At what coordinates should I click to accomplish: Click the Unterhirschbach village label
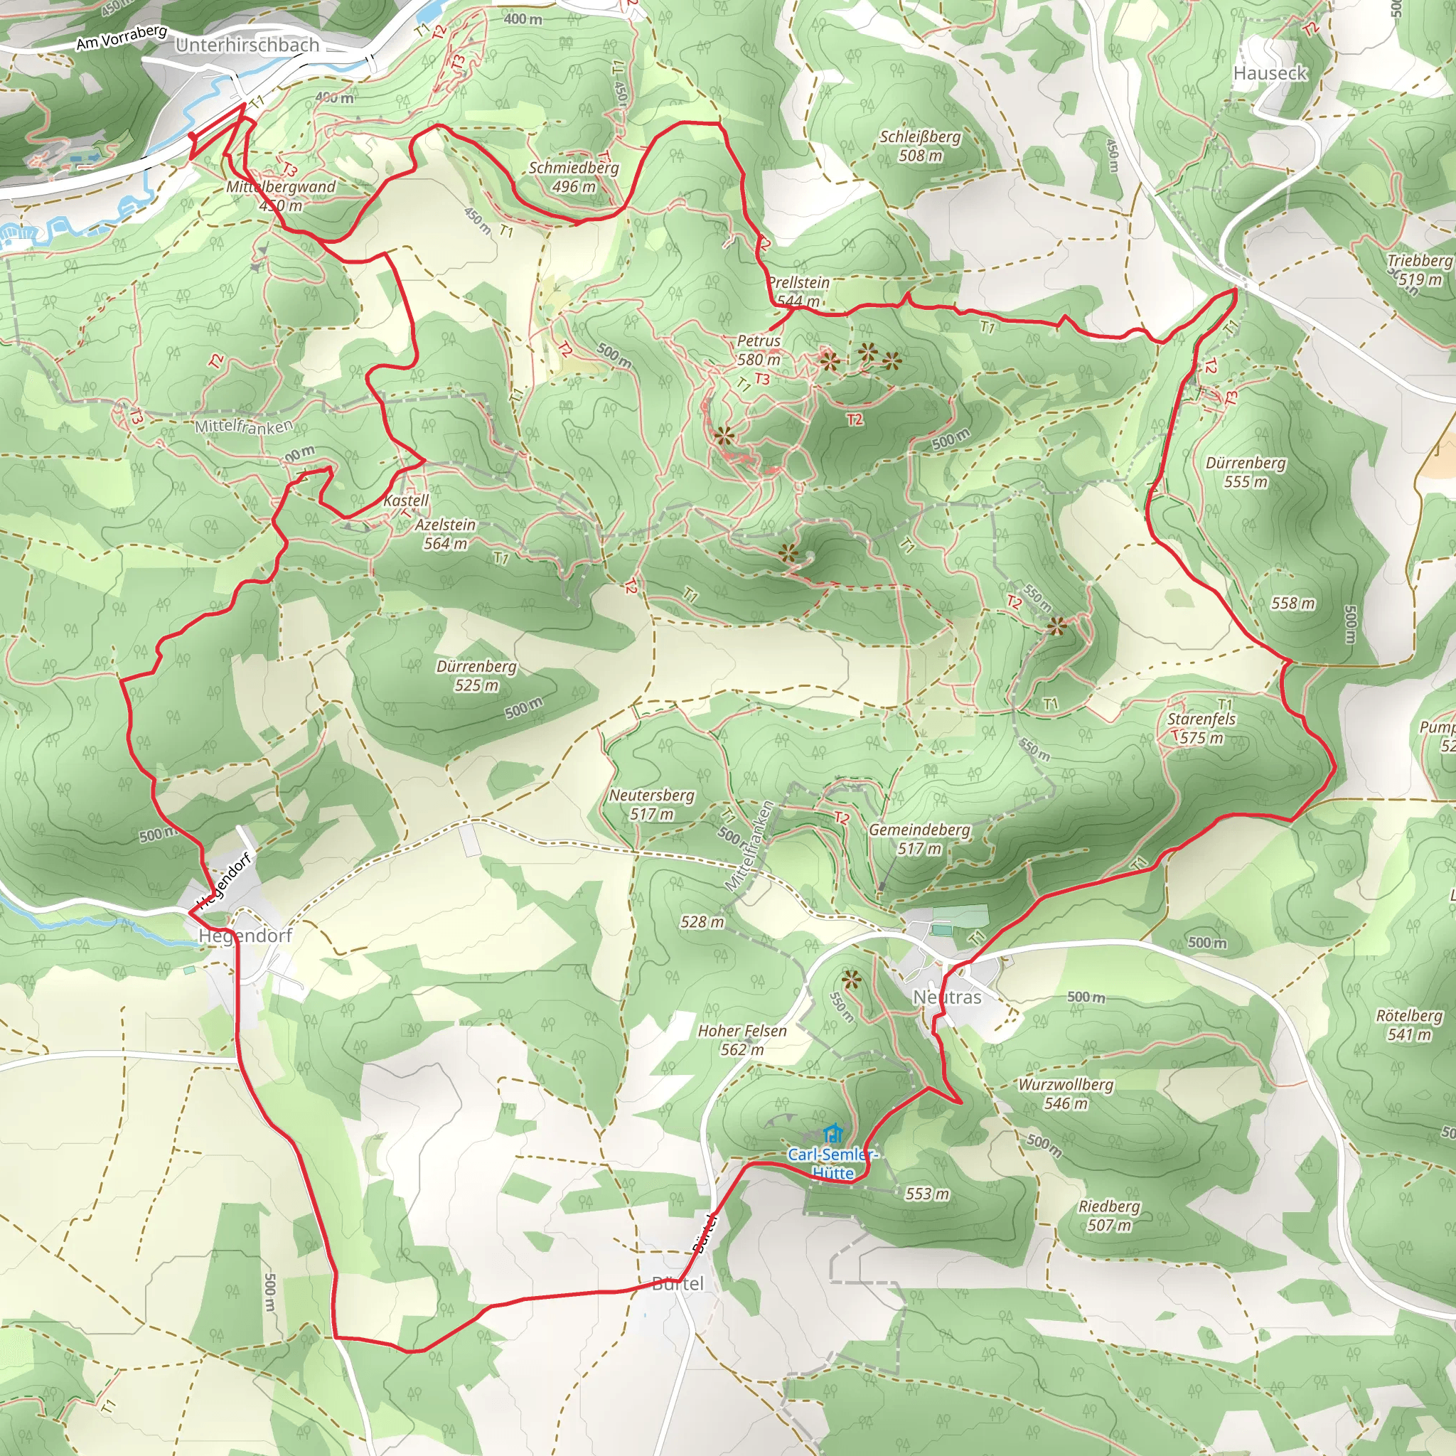coord(247,45)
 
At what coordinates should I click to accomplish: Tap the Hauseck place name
coord(1270,73)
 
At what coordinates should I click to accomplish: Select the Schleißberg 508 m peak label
coord(920,146)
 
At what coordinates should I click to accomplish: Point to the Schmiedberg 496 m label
coord(574,177)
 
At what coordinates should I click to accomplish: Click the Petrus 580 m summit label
coord(758,350)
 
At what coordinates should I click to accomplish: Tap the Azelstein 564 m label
coord(445,534)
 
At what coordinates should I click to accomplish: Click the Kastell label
coord(405,500)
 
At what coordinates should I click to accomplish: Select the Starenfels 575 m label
coord(1201,728)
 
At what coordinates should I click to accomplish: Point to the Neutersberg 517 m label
coord(652,804)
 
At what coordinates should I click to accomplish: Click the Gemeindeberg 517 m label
coord(919,839)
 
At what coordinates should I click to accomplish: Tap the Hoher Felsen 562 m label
coord(742,1040)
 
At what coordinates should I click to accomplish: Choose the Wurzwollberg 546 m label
coord(1066,1093)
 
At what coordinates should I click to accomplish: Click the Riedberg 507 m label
coord(1109,1216)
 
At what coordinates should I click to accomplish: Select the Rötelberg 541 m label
coord(1409,1025)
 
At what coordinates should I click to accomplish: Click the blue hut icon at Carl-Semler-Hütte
coord(832,1133)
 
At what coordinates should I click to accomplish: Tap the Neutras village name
coord(947,997)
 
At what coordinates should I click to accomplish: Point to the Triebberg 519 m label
coord(1420,269)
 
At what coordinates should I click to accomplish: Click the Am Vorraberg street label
coord(122,37)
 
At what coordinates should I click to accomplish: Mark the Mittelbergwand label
coord(281,187)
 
